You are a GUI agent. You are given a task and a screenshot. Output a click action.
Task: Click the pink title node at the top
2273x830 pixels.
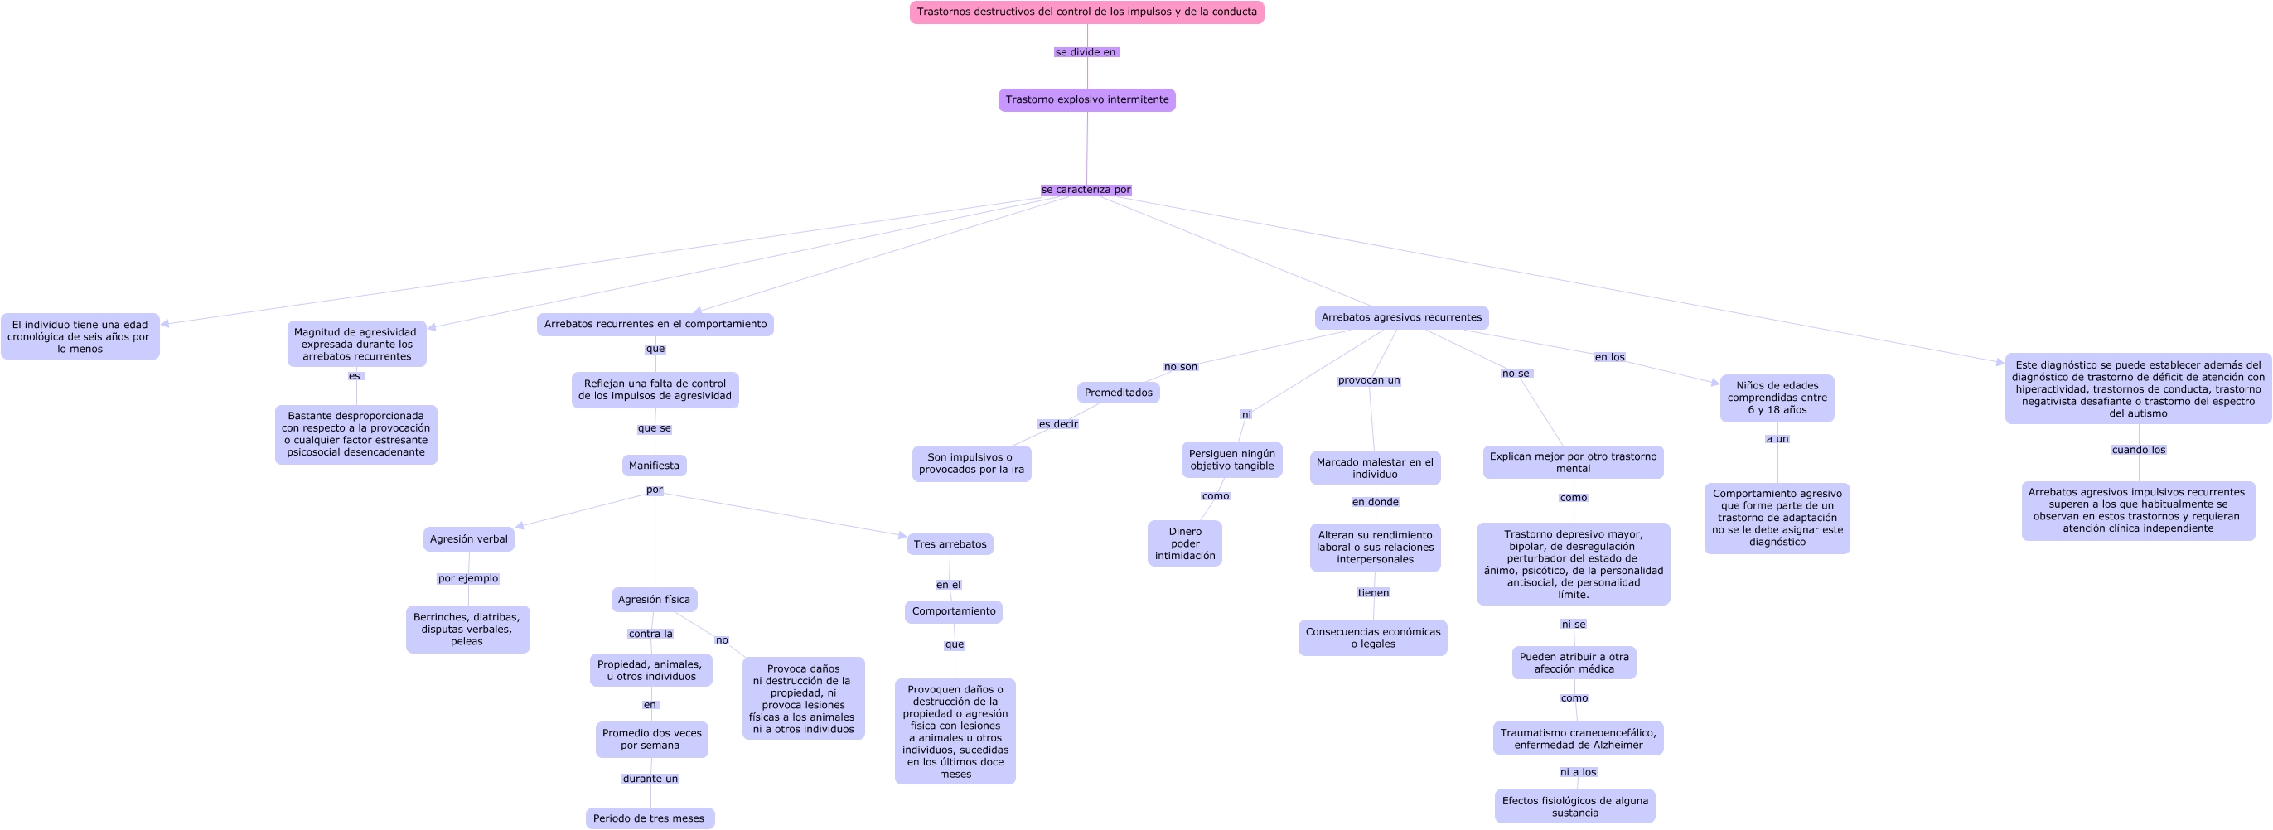1086,12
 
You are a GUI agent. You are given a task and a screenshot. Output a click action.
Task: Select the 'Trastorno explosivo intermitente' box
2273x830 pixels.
1086,99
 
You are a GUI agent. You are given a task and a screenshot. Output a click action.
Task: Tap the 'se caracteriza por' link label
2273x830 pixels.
1086,190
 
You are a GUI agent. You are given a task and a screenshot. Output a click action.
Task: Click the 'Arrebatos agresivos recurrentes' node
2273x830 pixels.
1401,317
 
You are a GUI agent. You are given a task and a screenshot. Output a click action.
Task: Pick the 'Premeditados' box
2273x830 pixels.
1118,393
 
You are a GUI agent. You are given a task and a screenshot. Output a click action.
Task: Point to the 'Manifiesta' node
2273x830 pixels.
654,466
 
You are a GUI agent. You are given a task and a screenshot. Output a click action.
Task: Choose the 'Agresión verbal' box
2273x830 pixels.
468,539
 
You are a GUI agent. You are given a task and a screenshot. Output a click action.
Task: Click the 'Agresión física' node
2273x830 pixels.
654,600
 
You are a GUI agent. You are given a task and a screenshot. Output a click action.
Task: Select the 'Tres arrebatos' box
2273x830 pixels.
950,544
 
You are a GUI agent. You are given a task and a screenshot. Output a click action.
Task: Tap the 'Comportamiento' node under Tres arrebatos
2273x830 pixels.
953,611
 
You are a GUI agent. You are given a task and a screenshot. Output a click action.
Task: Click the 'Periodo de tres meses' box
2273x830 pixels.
650,818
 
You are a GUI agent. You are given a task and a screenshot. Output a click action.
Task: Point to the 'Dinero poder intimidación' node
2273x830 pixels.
1185,543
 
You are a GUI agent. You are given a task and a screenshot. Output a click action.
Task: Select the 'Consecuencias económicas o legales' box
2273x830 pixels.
1373,638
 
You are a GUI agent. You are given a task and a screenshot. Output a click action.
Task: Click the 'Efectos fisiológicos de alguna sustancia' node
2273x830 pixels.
1575,806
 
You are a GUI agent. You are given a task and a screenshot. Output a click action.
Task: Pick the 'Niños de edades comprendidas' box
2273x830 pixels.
1777,398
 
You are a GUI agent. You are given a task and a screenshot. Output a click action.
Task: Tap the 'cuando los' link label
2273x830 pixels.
2138,450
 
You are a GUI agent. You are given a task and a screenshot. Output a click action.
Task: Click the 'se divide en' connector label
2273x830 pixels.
1086,52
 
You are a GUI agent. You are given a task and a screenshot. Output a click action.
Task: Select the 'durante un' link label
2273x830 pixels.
650,779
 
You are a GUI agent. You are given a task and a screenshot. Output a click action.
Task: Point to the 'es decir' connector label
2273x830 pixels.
1058,424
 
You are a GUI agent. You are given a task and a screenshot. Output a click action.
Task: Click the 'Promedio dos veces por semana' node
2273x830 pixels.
652,739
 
